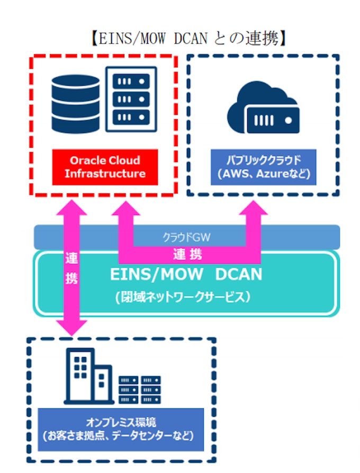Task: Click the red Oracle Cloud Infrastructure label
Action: click(x=105, y=167)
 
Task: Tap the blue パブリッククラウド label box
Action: click(x=263, y=167)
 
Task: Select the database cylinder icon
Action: click(x=76, y=103)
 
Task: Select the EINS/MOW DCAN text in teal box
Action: click(x=186, y=274)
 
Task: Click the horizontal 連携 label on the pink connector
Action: click(x=187, y=255)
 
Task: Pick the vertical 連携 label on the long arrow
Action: click(x=72, y=269)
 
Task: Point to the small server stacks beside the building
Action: click(x=139, y=389)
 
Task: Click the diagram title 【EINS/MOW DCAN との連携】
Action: click(x=187, y=38)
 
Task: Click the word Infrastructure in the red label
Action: click(x=105, y=174)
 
